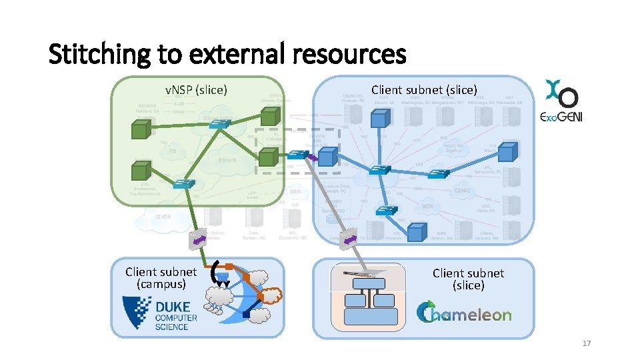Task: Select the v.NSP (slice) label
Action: point(196,89)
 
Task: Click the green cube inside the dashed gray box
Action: point(267,157)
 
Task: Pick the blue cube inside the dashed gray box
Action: point(326,157)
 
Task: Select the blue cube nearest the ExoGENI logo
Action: point(508,153)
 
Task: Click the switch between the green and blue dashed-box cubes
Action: point(297,155)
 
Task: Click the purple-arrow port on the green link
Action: point(198,239)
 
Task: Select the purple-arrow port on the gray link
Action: point(349,239)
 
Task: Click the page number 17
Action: point(587,343)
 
